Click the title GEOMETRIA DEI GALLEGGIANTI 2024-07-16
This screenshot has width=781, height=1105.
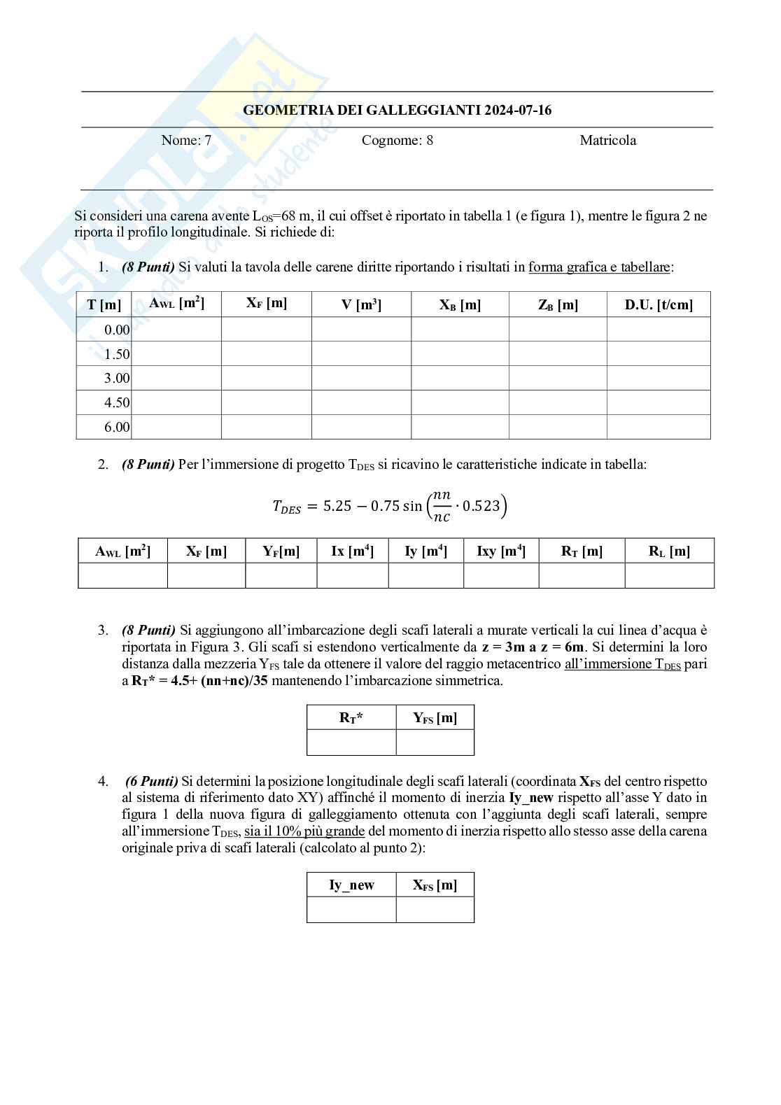pyautogui.click(x=397, y=110)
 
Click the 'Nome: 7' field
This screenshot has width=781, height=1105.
pyautogui.click(x=186, y=140)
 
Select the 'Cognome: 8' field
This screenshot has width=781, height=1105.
pyautogui.click(x=397, y=140)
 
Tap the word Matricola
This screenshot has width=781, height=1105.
pyautogui.click(x=607, y=140)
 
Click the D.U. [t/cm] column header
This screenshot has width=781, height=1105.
pyautogui.click(x=658, y=304)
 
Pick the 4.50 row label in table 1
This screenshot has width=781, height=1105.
pyautogui.click(x=117, y=402)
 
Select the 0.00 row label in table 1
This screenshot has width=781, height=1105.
pyautogui.click(x=117, y=330)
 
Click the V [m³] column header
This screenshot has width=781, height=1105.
pyautogui.click(x=360, y=304)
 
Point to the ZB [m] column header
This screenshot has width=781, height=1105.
pyautogui.click(x=557, y=304)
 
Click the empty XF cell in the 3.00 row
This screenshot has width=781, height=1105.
pyautogui.click(x=266, y=378)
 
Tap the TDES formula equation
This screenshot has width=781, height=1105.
pyautogui.click(x=389, y=505)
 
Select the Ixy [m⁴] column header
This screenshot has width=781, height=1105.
pyautogui.click(x=500, y=551)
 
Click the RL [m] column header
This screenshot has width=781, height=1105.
pyautogui.click(x=668, y=551)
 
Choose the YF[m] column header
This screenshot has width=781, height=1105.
pyautogui.click(x=281, y=551)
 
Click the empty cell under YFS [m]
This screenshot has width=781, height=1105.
pyautogui.click(x=435, y=742)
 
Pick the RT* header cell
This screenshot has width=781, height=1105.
pyautogui.click(x=351, y=717)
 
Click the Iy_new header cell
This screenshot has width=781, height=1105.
pyautogui.click(x=351, y=885)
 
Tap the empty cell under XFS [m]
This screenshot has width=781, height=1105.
pyautogui.click(x=435, y=910)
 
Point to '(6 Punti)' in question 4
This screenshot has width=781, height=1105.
pyautogui.click(x=151, y=781)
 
